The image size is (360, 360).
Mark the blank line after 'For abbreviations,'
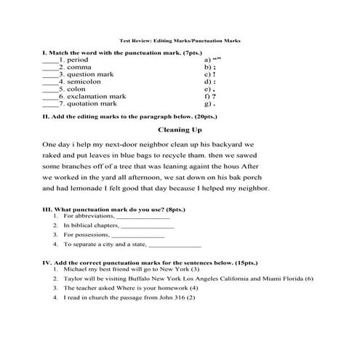tap(143, 217)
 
